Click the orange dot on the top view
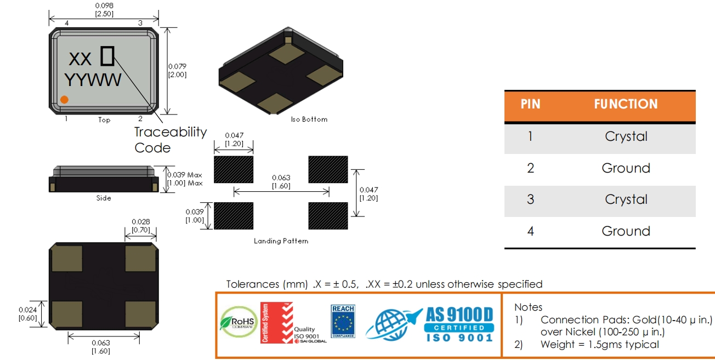point(64,99)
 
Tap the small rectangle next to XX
point(107,56)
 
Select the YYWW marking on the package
point(93,80)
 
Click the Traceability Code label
point(171,140)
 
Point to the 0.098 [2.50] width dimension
point(104,9)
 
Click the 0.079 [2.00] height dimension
point(177,70)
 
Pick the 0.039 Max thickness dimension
point(187,179)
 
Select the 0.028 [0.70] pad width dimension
point(140,226)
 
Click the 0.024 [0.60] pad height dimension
point(27,313)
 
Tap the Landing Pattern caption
point(281,241)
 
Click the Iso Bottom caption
point(309,119)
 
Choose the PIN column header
point(530,104)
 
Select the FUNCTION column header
point(626,104)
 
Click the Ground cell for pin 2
point(626,168)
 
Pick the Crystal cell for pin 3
point(626,199)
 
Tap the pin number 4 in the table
point(530,231)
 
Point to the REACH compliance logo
point(343,321)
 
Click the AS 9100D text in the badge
point(459,315)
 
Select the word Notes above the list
point(528,307)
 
